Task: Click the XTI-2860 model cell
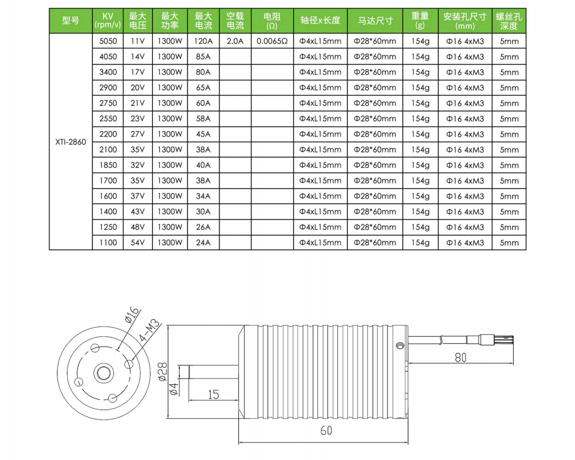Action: click(70, 142)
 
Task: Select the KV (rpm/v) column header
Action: click(108, 21)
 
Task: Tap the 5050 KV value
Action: click(108, 41)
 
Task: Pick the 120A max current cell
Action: click(203, 41)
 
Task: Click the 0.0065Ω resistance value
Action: click(272, 41)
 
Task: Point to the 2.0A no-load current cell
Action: click(235, 41)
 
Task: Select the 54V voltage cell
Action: click(137, 243)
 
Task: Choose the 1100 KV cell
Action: click(108, 243)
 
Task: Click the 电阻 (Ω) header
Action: click(272, 21)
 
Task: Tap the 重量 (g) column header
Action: click(420, 21)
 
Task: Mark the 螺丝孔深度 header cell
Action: click(509, 21)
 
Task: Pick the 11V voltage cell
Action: click(137, 41)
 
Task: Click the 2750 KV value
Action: click(108, 103)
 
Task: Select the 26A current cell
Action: click(203, 227)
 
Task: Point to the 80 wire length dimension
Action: click(460, 358)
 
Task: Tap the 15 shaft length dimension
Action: click(213, 394)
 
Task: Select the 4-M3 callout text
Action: click(149, 329)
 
